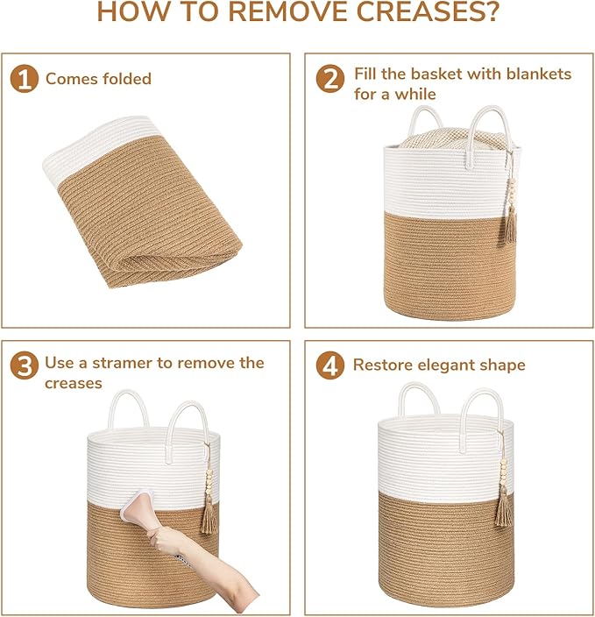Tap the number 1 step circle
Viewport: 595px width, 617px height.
(x=25, y=79)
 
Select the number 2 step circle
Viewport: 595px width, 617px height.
(x=330, y=79)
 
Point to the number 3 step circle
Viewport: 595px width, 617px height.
(x=25, y=365)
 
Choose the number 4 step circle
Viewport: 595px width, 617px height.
(x=330, y=365)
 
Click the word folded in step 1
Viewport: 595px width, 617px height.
(x=126, y=79)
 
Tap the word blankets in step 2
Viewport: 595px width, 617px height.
(x=539, y=74)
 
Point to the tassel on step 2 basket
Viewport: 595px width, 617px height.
(x=511, y=225)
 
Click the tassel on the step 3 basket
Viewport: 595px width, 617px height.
(x=209, y=516)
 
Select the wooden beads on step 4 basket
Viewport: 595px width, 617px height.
(x=503, y=472)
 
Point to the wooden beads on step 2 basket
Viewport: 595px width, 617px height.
(x=512, y=193)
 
